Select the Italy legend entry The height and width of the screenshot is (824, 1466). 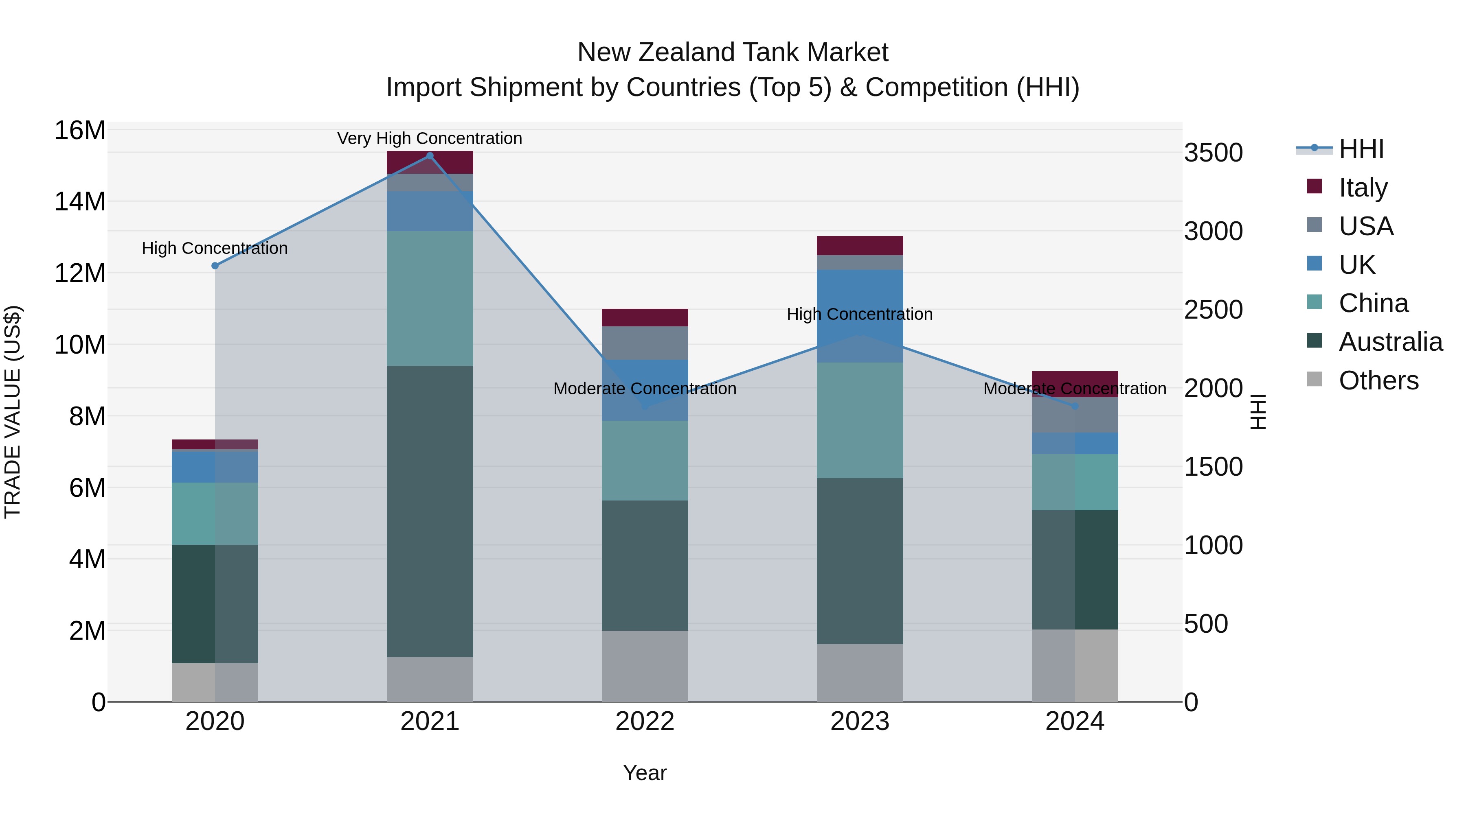(1363, 188)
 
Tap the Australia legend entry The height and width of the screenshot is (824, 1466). (1390, 342)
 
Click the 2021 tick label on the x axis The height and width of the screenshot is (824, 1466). (430, 721)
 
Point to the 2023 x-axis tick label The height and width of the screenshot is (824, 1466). (859, 721)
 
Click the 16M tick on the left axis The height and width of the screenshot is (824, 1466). (80, 131)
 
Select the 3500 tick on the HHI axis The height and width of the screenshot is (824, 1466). (1214, 153)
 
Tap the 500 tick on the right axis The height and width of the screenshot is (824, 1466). (1205, 624)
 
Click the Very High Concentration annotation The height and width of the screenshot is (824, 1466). (430, 138)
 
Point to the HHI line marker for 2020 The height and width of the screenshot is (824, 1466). (215, 266)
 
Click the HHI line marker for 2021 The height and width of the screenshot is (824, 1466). (430, 156)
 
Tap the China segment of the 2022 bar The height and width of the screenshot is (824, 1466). (645, 460)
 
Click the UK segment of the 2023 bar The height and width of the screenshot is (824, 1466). (859, 296)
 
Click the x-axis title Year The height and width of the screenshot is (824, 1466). (645, 773)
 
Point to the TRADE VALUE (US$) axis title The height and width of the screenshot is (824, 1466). (13, 412)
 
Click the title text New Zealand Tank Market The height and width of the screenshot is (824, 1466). (733, 52)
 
